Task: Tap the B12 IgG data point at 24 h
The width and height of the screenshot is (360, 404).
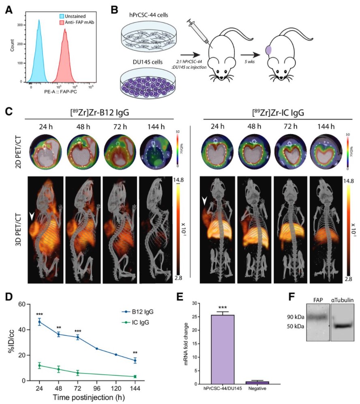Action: (39, 322)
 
